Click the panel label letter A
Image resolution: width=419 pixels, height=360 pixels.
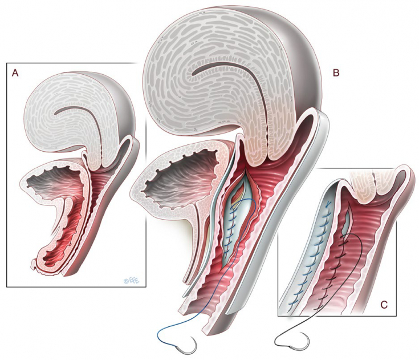coord(15,73)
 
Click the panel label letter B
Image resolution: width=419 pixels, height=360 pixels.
coord(336,73)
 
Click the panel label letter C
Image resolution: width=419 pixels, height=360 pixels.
coord(384,305)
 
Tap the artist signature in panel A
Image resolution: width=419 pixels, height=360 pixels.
coord(132,281)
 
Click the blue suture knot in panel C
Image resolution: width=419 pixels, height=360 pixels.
coord(328,206)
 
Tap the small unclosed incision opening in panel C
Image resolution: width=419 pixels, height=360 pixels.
coord(348,221)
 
